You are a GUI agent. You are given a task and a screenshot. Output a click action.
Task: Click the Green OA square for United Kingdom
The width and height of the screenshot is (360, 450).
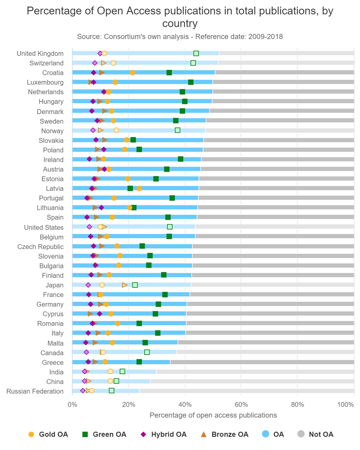click(196, 53)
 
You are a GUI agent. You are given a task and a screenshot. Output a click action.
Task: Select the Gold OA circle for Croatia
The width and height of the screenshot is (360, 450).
click(133, 73)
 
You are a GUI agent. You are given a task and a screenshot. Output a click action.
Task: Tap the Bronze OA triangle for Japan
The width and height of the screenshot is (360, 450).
click(125, 285)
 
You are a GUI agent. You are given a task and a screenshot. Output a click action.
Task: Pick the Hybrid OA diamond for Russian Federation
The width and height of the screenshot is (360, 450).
click(83, 391)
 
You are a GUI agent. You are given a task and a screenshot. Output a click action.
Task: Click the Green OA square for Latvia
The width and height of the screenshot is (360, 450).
click(130, 188)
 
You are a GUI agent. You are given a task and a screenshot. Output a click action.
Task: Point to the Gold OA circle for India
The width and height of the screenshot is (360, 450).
click(110, 371)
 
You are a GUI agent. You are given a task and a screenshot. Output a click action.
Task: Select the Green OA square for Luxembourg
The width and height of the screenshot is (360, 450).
click(191, 82)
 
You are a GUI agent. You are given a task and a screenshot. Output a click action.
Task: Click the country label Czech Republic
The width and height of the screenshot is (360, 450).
click(40, 247)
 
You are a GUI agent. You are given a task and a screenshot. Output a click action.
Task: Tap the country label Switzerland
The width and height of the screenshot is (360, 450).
click(46, 63)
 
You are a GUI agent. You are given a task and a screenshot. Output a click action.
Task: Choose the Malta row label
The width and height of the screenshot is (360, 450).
click(55, 343)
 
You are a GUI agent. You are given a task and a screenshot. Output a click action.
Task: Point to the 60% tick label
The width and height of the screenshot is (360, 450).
click(241, 404)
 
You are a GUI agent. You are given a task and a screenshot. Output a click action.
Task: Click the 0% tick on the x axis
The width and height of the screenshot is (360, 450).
click(72, 404)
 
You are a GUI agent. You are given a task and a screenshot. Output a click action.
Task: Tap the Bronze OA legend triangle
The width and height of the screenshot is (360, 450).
click(204, 434)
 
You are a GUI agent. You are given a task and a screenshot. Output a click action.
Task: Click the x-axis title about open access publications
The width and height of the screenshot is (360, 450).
click(213, 415)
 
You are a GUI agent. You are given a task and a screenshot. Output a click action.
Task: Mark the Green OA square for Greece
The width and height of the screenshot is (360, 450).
click(139, 362)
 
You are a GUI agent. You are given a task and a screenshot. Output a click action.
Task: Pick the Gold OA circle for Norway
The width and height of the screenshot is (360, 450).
click(116, 130)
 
